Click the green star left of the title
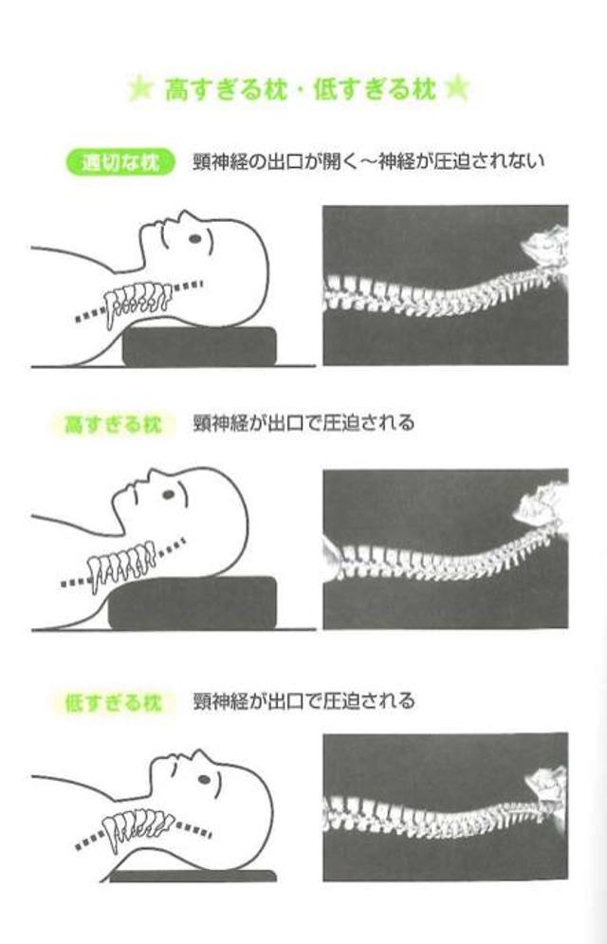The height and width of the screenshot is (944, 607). point(140,90)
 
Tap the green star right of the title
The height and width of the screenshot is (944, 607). point(456,88)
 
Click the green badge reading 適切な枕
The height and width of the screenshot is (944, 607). point(120,162)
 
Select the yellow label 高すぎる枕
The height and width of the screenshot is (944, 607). point(113,424)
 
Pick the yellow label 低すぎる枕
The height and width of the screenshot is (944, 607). point(113,702)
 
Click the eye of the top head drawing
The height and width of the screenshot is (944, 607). point(194,238)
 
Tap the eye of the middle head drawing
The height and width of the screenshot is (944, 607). point(169,495)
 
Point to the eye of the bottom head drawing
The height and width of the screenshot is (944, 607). point(204,779)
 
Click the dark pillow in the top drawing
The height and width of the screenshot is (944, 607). point(199,346)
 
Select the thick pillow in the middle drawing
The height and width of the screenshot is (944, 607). point(192,602)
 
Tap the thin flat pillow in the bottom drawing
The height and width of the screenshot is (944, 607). point(193,876)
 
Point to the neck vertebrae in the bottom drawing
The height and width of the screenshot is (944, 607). point(138,826)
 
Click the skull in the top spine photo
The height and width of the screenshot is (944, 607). point(544,245)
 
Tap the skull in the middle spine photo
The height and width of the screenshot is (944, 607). point(541,503)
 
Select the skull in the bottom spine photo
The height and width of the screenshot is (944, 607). point(546,785)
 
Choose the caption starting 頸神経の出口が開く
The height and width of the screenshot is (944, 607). point(368,161)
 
